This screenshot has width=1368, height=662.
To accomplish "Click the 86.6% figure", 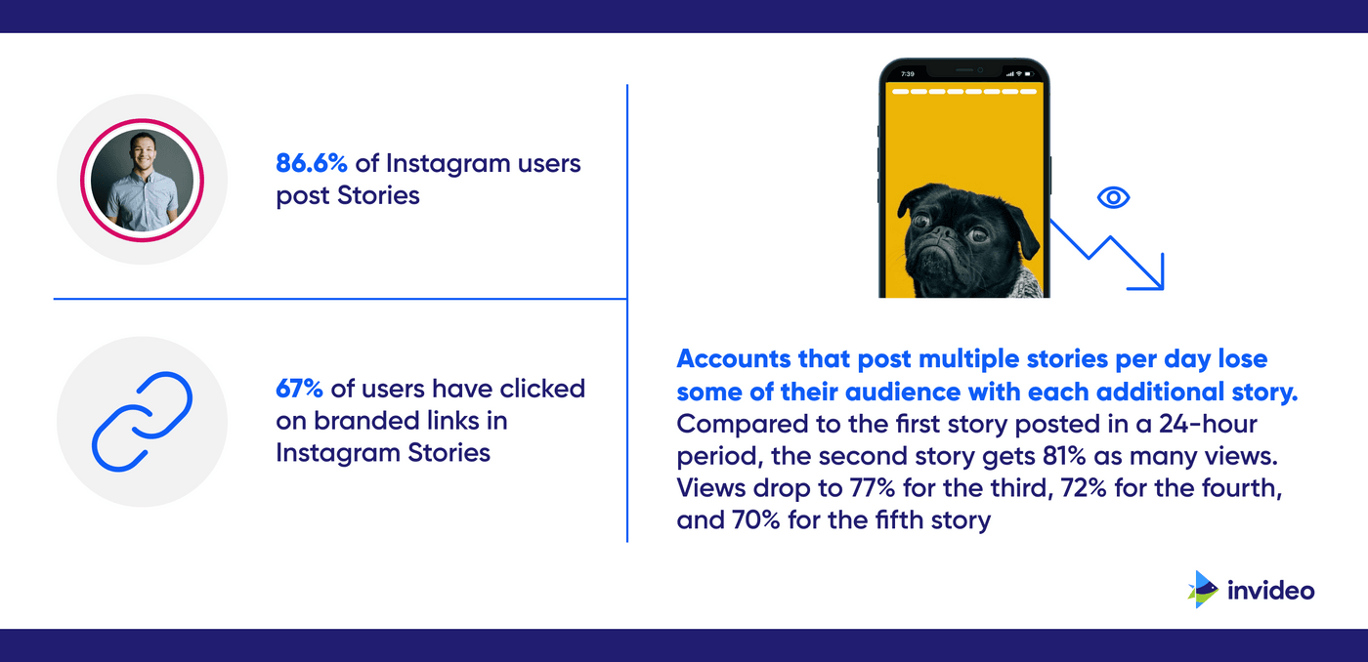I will [x=311, y=163].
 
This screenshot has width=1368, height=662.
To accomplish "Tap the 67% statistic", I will [x=299, y=389].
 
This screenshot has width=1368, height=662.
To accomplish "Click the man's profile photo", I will [x=142, y=181].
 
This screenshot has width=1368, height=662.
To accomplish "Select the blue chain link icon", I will [x=142, y=421].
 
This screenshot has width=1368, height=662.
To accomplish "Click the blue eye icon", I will [x=1113, y=198].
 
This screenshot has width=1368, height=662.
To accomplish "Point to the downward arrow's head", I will [x=1154, y=278].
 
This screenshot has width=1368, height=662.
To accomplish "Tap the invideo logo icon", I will [x=1203, y=589].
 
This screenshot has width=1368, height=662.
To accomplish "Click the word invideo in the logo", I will [x=1270, y=590].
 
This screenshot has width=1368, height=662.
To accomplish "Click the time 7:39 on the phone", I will [x=907, y=74].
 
